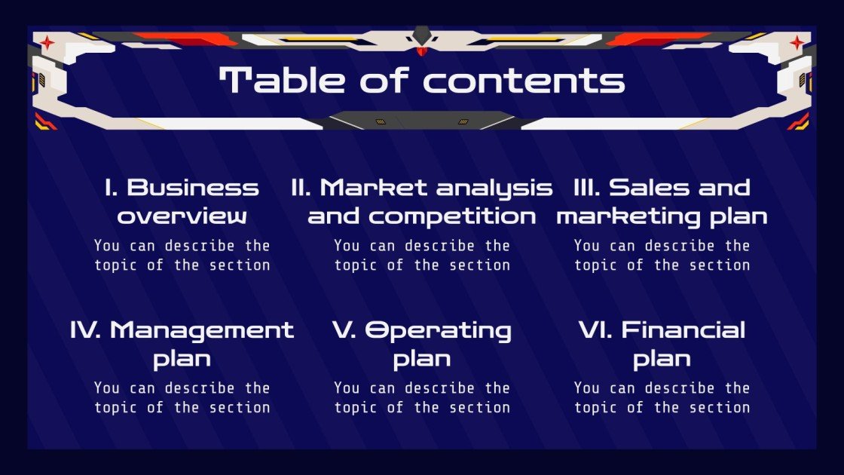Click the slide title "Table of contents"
coord(422,81)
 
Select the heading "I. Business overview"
coord(182,201)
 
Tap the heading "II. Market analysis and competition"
coord(422,201)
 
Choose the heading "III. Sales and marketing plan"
coord(662,201)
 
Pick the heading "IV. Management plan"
coord(182,344)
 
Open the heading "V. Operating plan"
coord(422,344)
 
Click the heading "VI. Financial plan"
coord(662,344)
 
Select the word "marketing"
coord(612,217)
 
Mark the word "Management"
coord(202,330)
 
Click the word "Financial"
coord(683,330)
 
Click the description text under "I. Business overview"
coord(182,255)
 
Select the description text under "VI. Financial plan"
coord(662,397)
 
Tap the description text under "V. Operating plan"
coord(422,397)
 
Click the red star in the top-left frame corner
coord(47,43)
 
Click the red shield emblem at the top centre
coord(422,50)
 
